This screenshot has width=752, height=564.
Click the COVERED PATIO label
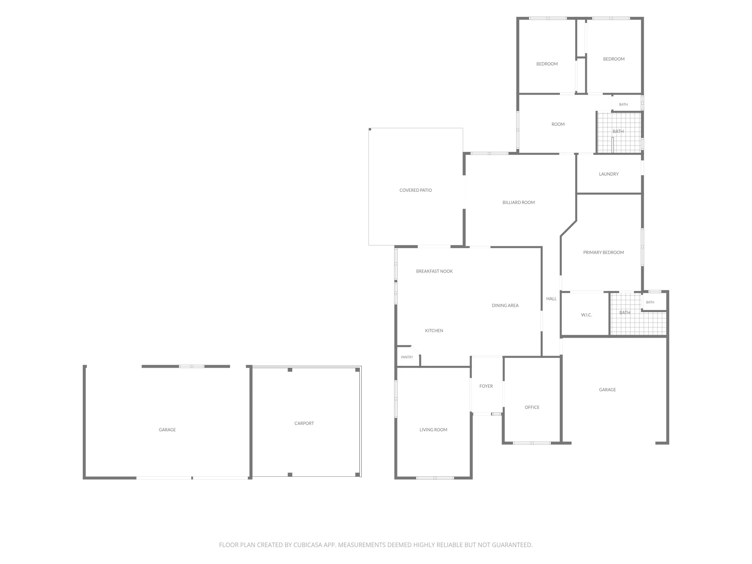[415, 190]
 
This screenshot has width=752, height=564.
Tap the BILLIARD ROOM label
[519, 202]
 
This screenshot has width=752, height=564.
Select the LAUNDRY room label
[609, 174]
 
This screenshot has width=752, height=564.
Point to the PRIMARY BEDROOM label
[603, 252]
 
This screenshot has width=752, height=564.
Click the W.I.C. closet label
[587, 315]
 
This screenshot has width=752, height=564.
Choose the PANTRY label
[407, 357]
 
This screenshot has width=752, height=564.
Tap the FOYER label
[486, 386]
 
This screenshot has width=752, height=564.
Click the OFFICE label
[532, 407]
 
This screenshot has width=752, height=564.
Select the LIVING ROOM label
[434, 430]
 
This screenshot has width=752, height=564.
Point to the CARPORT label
[304, 423]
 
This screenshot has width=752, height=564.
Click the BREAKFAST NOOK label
[434, 271]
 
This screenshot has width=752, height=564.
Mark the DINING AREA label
[505, 305]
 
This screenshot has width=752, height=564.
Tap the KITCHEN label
[434, 331]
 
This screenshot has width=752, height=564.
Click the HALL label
[551, 299]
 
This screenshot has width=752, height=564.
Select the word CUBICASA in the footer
[308, 545]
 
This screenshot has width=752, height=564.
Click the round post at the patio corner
[370, 129]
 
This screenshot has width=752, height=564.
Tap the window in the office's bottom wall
[532, 443]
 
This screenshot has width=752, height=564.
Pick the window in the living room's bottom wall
[435, 478]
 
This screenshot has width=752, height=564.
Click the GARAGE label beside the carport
[167, 430]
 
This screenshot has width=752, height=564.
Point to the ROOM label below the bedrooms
[558, 124]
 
